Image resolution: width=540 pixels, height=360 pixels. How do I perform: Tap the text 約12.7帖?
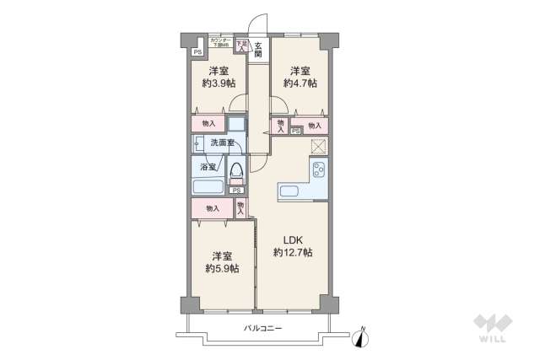point(293,252)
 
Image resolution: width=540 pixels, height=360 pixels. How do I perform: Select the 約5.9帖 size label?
point(222,269)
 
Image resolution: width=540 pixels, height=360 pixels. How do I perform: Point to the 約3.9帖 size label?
point(218,84)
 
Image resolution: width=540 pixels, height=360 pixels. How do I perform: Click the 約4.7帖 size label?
point(300,84)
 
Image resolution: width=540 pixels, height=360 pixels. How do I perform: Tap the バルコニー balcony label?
point(262,328)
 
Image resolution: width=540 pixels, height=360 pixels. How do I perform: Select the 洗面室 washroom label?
point(222,143)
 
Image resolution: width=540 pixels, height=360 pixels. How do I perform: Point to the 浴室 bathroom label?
point(208,168)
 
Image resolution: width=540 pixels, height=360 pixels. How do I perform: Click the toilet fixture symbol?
point(237,172)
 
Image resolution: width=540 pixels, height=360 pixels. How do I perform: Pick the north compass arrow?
point(363,336)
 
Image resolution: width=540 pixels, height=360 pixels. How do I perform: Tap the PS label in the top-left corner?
point(197,52)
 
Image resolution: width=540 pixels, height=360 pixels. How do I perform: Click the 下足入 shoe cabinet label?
point(241,46)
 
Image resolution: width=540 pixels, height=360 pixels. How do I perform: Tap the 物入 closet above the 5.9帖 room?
point(212,207)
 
